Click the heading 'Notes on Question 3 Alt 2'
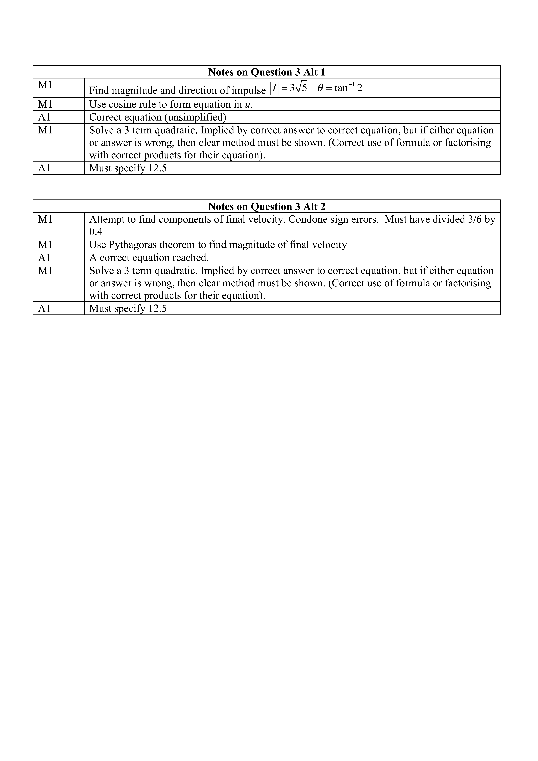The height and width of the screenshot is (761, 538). [x=267, y=207]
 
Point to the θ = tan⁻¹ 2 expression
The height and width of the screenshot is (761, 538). [x=340, y=88]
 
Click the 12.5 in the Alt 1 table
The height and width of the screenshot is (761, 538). [x=157, y=168]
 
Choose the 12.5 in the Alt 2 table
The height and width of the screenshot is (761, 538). [x=157, y=309]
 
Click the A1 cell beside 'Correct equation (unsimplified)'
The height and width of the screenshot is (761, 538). [x=44, y=117]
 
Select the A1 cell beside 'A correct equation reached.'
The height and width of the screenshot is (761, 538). [x=44, y=258]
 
